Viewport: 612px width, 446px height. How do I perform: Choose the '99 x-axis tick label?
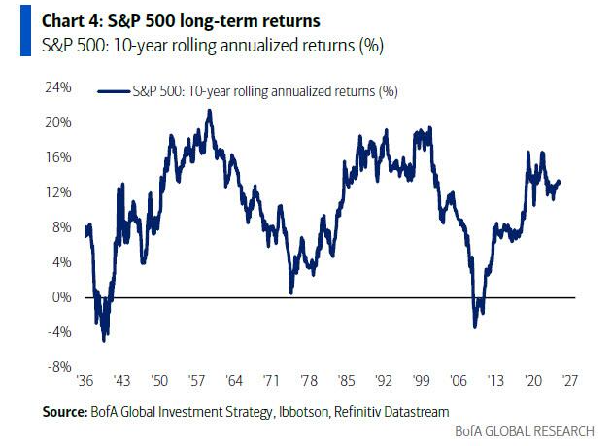tap(423, 382)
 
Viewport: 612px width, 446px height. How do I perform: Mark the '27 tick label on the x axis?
tap(570, 382)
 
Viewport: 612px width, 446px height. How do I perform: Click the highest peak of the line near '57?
tap(209, 111)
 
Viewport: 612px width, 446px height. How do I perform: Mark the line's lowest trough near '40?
tap(104, 339)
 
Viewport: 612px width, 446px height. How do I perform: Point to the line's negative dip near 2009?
tap(476, 326)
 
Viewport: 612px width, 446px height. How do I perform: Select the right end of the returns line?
tap(560, 182)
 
